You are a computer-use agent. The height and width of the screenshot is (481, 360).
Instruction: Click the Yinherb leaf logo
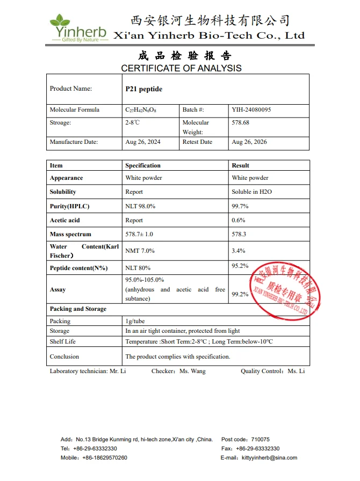(x=60, y=22)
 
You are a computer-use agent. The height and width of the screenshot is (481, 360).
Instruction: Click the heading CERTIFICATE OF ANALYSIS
(x=181, y=68)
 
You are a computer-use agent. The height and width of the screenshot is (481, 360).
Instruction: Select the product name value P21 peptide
(x=143, y=89)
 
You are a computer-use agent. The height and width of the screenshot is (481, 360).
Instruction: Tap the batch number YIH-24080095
(x=251, y=110)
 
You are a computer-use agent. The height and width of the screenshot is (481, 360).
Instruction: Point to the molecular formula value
(x=141, y=110)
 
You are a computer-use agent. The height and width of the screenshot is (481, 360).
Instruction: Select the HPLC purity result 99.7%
(x=240, y=206)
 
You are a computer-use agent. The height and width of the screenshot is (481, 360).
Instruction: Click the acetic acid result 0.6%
(x=239, y=220)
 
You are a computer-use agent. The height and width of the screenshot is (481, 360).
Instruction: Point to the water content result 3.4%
(x=239, y=251)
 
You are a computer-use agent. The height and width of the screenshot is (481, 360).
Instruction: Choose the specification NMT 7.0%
(x=140, y=251)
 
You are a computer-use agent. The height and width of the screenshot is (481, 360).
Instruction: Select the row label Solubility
(x=63, y=192)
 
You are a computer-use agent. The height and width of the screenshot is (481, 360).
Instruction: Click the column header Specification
(x=143, y=165)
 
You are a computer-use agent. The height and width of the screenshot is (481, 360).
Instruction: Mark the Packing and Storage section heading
(x=78, y=309)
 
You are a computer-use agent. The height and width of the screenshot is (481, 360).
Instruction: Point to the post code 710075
(x=260, y=439)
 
